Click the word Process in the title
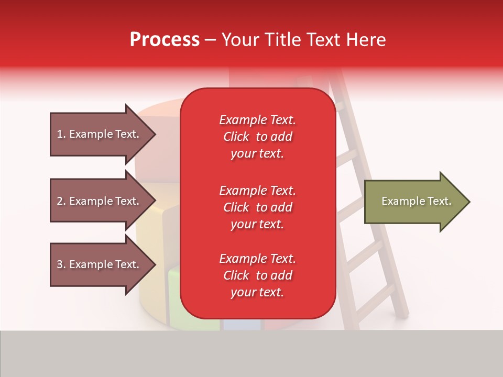tap(165, 40)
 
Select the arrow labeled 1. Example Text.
tap(100, 134)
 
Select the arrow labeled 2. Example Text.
tap(100, 201)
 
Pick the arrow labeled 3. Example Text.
tap(100, 264)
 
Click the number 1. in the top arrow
tap(61, 134)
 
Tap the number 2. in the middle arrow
tap(61, 201)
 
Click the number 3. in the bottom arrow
tap(61, 264)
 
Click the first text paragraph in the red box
tap(257, 137)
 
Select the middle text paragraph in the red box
tap(257, 207)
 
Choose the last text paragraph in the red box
tap(257, 275)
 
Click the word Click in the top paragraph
tap(236, 137)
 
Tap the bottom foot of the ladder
tap(401, 313)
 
